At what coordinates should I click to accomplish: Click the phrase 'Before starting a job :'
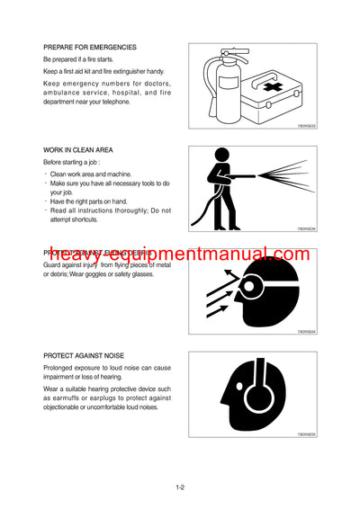click(x=75, y=162)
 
